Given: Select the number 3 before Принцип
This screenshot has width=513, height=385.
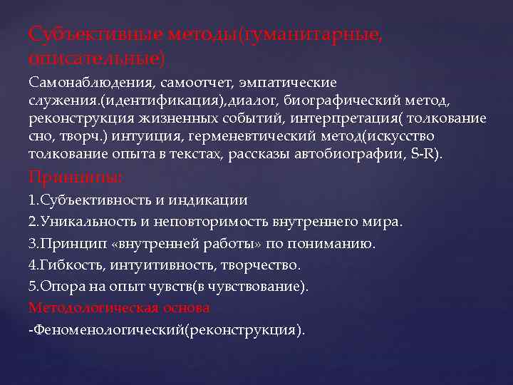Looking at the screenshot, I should click(x=32, y=244).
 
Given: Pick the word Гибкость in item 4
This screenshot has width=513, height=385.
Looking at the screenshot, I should click(x=65, y=265).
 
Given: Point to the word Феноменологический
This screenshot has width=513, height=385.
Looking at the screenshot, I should click(x=108, y=330).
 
